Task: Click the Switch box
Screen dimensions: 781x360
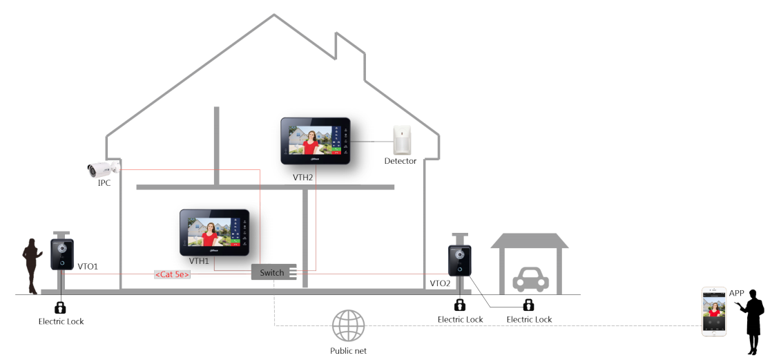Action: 273,272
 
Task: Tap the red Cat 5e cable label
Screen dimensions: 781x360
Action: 172,274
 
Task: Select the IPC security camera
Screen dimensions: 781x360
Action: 104,169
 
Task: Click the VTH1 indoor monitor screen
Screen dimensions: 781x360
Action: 214,232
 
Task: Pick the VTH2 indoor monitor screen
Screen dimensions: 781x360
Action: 316,140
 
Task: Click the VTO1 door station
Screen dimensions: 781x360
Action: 62,254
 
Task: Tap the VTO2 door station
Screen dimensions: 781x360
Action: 459,260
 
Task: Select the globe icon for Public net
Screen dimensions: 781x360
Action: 348,325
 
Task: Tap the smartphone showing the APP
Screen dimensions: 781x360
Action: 714,311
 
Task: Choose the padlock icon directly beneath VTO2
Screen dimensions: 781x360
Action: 460,304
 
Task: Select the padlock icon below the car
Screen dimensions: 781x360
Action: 528,304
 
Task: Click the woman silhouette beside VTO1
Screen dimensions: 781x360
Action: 32,266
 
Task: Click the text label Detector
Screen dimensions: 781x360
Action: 401,161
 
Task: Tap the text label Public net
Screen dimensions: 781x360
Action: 348,350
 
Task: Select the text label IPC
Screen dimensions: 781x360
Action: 104,183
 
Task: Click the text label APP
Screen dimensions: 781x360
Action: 737,293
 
